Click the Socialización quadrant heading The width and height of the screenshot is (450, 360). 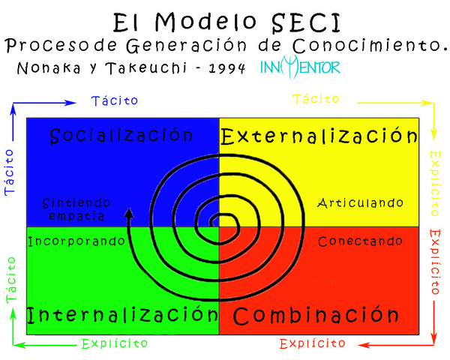click(x=122, y=136)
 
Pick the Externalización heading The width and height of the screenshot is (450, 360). click(x=319, y=136)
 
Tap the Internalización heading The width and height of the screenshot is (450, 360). click(x=116, y=313)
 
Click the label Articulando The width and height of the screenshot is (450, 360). click(x=360, y=202)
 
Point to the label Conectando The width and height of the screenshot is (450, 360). click(x=360, y=241)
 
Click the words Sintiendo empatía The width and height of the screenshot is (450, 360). click(x=76, y=209)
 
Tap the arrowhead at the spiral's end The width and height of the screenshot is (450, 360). click(x=129, y=214)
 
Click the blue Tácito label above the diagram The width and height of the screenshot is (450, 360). click(x=114, y=100)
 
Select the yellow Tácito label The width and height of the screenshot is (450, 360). click(x=316, y=99)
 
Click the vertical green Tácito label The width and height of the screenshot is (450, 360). click(x=11, y=279)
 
